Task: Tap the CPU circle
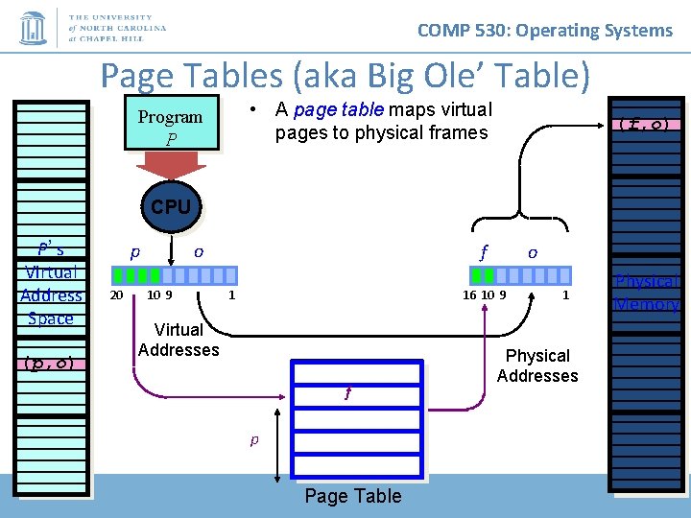tap(171, 207)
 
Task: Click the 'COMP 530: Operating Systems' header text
tap(545, 30)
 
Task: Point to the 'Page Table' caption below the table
tap(352, 496)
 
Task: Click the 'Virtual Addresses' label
tap(179, 340)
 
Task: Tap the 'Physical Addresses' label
tap(537, 365)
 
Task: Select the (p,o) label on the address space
tap(51, 363)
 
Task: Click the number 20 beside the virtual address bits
tap(116, 295)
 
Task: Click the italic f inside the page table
tap(347, 392)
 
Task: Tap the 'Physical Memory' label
tap(647, 294)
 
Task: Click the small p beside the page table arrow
tap(254, 440)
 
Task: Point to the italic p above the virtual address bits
tap(134, 251)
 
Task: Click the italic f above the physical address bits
tap(485, 252)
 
